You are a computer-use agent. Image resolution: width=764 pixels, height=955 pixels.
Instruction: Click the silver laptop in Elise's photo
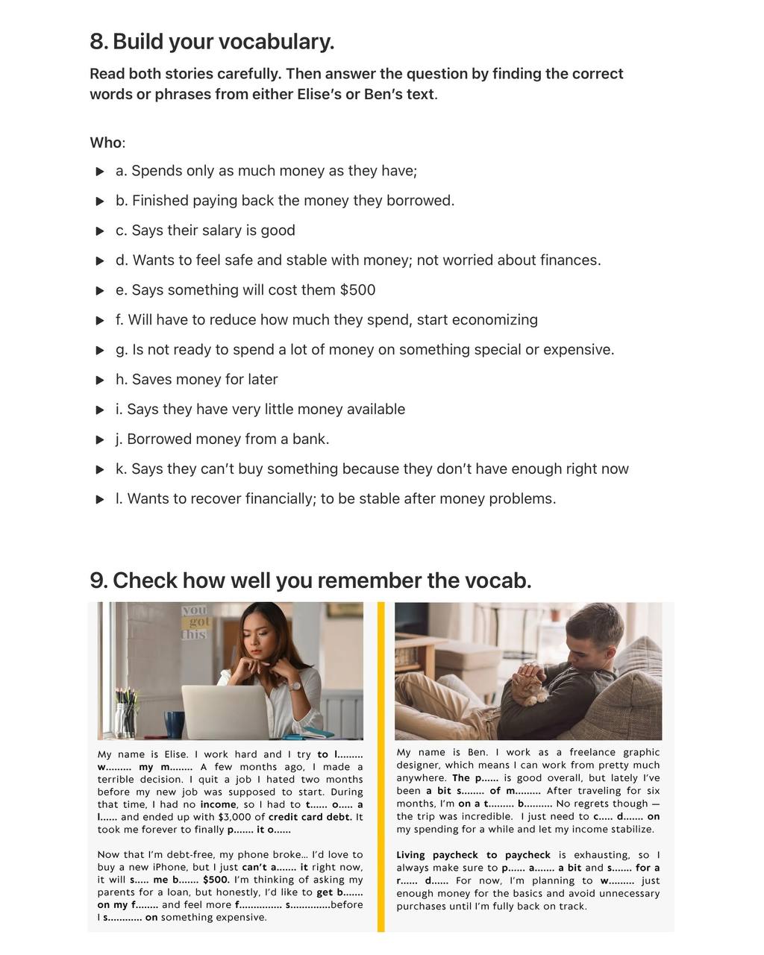[224, 712]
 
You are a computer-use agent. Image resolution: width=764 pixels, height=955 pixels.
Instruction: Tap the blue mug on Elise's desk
[174, 724]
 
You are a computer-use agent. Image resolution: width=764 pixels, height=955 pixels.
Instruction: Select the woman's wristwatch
[295, 686]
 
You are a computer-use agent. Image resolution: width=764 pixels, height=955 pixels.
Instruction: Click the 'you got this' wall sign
[195, 622]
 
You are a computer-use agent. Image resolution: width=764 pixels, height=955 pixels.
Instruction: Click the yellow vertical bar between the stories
[381, 766]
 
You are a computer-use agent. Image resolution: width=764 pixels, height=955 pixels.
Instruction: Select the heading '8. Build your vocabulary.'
[212, 42]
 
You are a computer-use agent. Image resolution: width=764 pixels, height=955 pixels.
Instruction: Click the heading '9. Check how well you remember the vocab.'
[310, 580]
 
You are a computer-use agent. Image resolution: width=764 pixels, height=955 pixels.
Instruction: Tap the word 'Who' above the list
[105, 143]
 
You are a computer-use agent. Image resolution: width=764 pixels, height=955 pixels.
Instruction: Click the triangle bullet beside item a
[100, 172]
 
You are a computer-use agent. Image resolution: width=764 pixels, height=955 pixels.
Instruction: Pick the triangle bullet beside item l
[100, 500]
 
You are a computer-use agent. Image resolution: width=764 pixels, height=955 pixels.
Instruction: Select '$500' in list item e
[357, 290]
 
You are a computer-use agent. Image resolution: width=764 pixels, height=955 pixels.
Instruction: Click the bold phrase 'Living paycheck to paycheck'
[473, 855]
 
